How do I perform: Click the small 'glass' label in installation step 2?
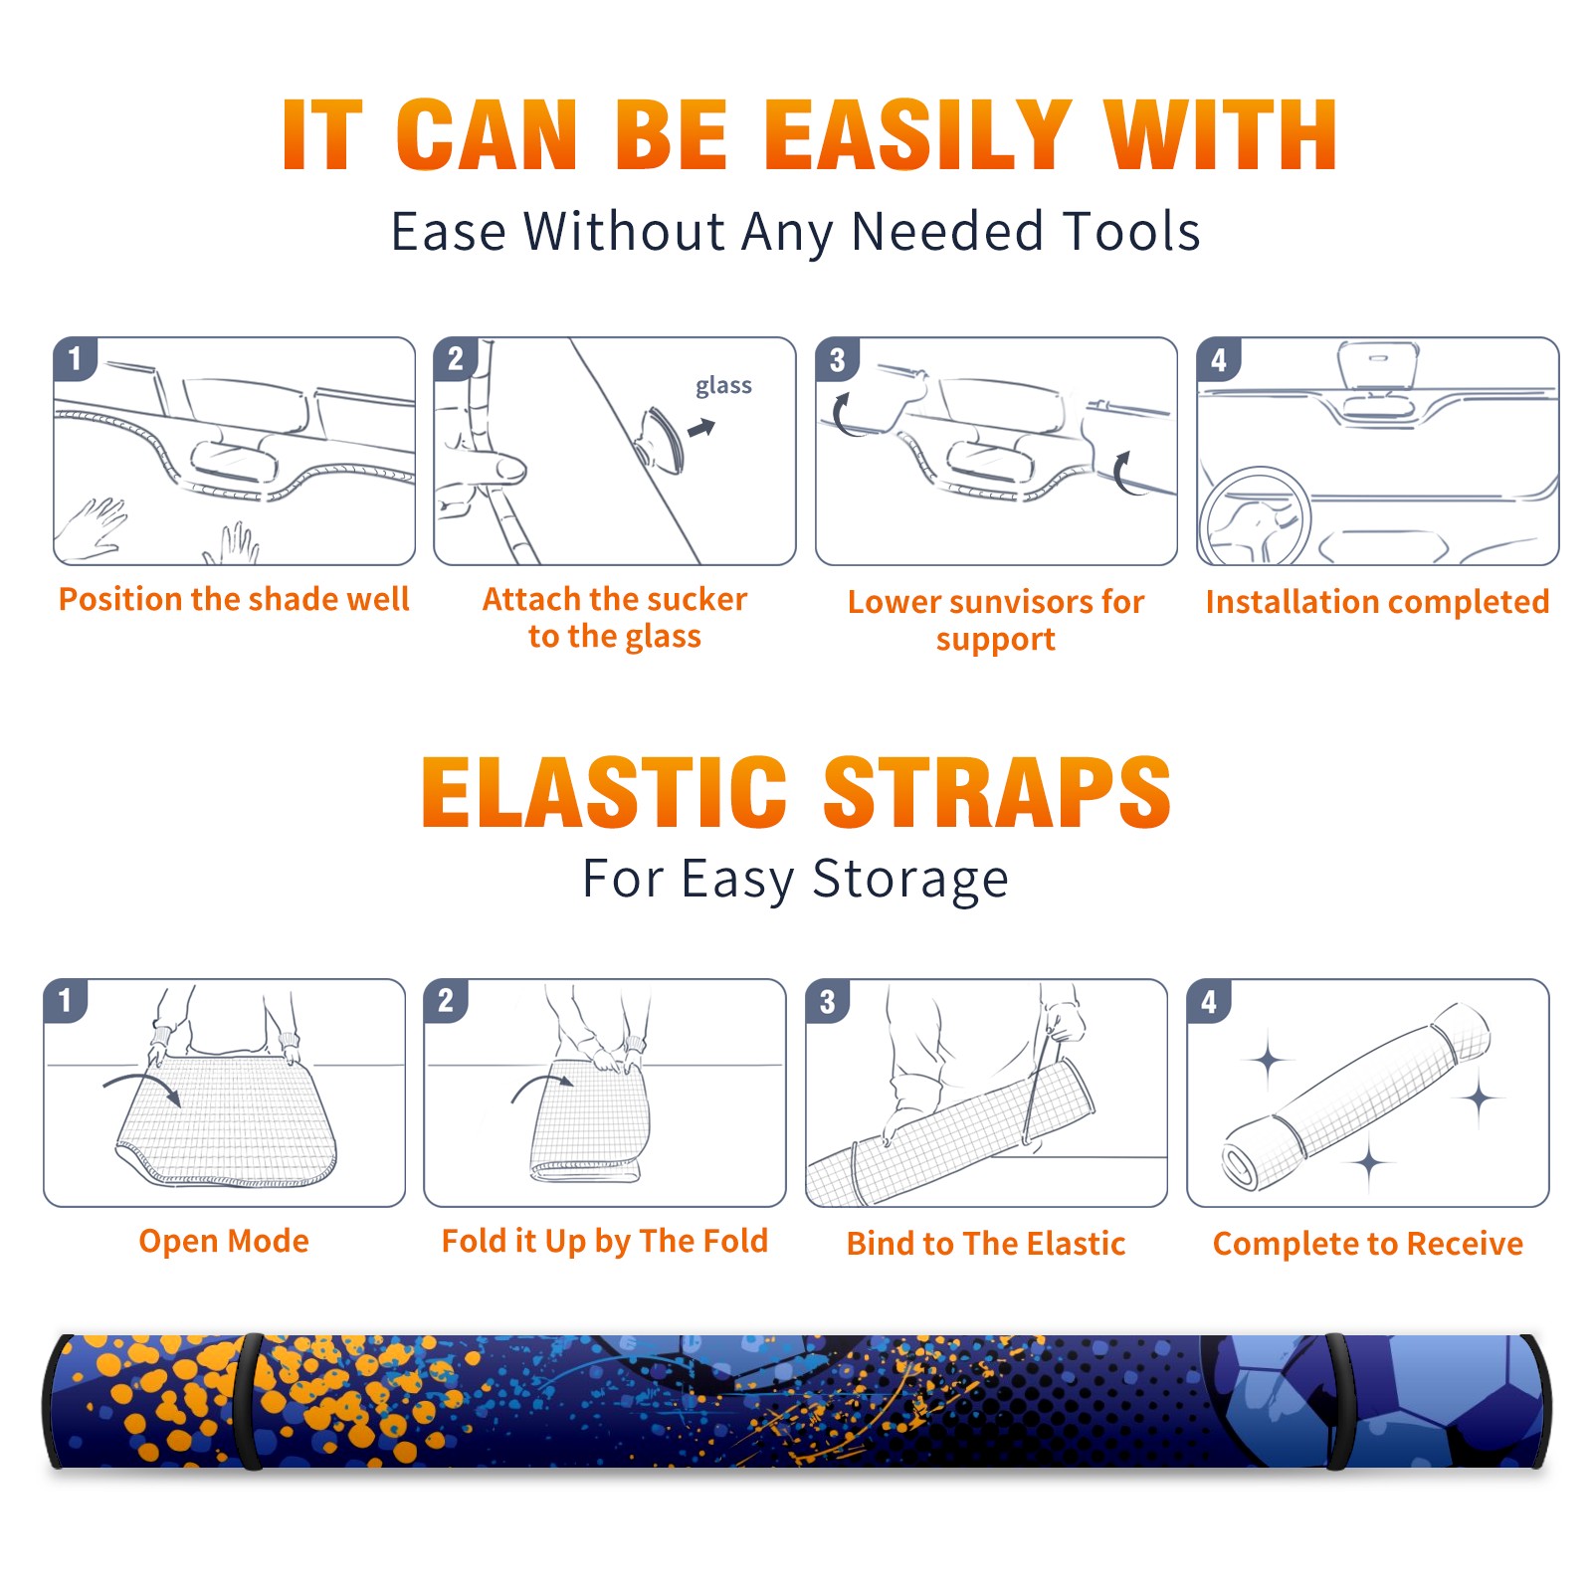tap(723, 386)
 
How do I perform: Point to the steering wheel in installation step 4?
tap(1254, 516)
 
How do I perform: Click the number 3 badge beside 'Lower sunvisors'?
tap(838, 360)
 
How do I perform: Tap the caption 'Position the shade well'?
tap(234, 599)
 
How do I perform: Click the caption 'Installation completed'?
tap(1377, 601)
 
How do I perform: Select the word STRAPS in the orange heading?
tap(997, 792)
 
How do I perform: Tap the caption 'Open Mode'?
tap(224, 1241)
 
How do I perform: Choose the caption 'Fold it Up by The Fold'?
tap(605, 1241)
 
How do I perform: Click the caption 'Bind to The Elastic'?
tap(986, 1244)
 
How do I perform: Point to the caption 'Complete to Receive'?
tap(1368, 1244)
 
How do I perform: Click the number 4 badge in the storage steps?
tap(1209, 1002)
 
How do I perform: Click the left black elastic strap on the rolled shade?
tap(248, 1402)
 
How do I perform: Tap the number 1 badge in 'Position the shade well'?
tap(75, 359)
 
